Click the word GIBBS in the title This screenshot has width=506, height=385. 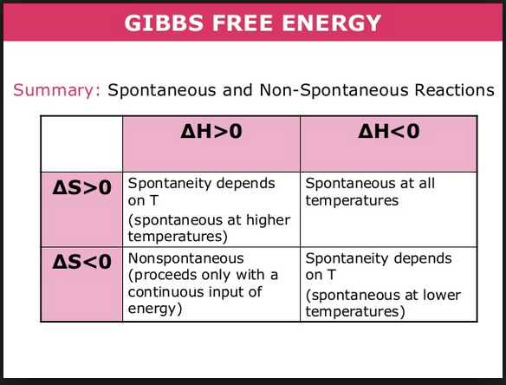coord(164,23)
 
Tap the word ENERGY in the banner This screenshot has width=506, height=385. coord(332,23)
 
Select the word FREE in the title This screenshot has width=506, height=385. coord(243,23)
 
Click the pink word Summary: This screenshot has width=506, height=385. coord(57,90)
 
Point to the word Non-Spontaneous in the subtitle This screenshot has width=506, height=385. coord(334,90)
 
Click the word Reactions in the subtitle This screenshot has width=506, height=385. coord(454,90)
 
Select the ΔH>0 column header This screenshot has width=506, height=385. coord(211,132)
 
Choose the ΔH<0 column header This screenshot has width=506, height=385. coord(388,132)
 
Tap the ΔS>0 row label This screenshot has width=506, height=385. coord(81,187)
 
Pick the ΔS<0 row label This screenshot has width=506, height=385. coord(81,262)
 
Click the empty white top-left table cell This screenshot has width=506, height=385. coord(81,144)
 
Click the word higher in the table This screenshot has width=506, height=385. coord(269,220)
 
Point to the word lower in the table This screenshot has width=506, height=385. coord(442,295)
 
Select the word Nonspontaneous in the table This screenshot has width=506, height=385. coord(186,258)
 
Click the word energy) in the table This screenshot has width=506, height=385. coord(155,309)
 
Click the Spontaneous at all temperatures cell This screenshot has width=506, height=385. coord(388,209)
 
